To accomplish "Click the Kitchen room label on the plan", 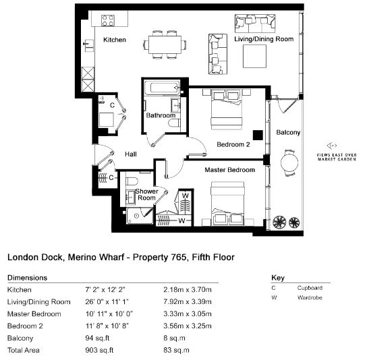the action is (x=115, y=40).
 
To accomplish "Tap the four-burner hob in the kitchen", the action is (x=108, y=20).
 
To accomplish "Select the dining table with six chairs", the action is (x=165, y=44).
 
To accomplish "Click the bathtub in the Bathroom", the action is (x=162, y=88).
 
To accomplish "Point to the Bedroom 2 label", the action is (x=233, y=144).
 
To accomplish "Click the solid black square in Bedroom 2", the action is (x=258, y=135).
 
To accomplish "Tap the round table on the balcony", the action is (x=289, y=162).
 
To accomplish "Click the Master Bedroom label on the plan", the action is (x=229, y=170).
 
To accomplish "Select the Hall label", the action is (x=131, y=154).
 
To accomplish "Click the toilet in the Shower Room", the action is (x=132, y=181).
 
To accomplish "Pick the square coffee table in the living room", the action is (x=254, y=56).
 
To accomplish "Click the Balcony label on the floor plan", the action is (x=288, y=132).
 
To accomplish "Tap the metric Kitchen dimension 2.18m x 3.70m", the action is (x=188, y=289).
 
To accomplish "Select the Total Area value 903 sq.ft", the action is (x=99, y=350).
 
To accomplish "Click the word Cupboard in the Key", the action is (x=310, y=288).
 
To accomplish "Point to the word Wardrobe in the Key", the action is (x=310, y=298).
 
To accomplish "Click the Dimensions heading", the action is (x=27, y=278).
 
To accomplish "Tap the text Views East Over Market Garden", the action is (x=337, y=157).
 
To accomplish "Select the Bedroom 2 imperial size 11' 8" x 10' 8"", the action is (x=107, y=326).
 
